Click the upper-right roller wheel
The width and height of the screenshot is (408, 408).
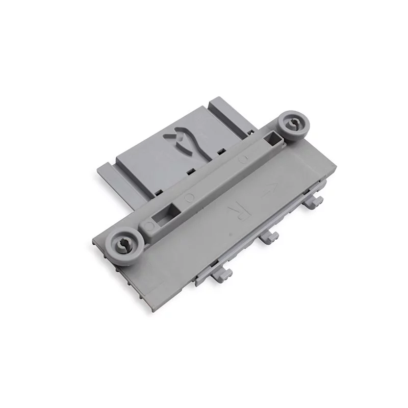293,126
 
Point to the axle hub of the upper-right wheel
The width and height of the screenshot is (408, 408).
293,124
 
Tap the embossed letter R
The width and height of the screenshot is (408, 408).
237,211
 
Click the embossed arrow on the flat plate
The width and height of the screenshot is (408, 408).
268,189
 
